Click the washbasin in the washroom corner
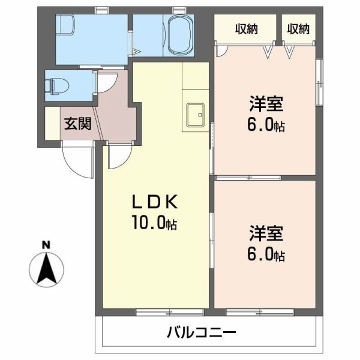65,26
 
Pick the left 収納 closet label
246,29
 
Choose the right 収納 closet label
298,29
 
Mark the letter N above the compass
45,245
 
